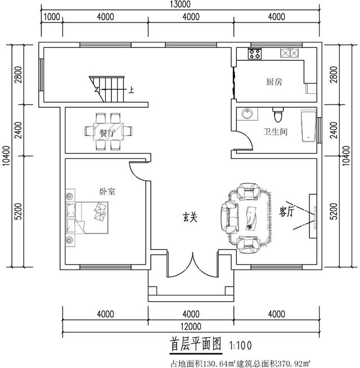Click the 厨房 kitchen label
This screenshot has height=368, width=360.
click(274, 82)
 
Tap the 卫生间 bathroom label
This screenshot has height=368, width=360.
click(276, 133)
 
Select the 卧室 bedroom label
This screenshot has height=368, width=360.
click(107, 192)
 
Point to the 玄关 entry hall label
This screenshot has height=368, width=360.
click(190, 217)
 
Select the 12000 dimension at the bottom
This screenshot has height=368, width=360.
click(191, 326)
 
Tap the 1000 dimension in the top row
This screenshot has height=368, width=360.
click(52, 17)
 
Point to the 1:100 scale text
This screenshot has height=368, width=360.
click(244, 343)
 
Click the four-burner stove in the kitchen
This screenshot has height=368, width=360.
click(255, 54)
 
